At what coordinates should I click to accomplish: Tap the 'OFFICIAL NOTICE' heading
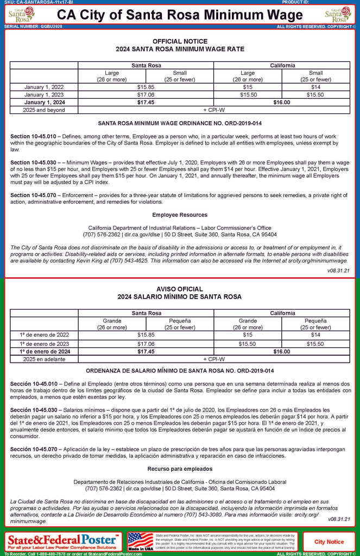point(180,41)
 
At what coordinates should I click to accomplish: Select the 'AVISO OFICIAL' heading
point(180,289)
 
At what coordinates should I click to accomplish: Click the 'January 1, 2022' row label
point(44,87)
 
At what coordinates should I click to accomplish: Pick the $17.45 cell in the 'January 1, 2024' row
point(146,102)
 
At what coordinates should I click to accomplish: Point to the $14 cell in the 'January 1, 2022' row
point(315,87)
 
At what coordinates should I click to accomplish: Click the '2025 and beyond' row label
point(44,110)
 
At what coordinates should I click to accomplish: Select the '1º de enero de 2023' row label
point(44,344)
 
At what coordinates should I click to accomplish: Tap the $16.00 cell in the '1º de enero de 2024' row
point(282,351)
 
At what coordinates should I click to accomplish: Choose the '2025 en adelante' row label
point(44,359)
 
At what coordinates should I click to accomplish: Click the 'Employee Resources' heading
point(180,215)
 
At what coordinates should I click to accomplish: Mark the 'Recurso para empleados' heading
point(180,468)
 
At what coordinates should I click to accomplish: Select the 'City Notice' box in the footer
point(329,541)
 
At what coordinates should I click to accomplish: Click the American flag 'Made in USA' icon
point(140,541)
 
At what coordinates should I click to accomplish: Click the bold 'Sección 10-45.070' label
point(33,449)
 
